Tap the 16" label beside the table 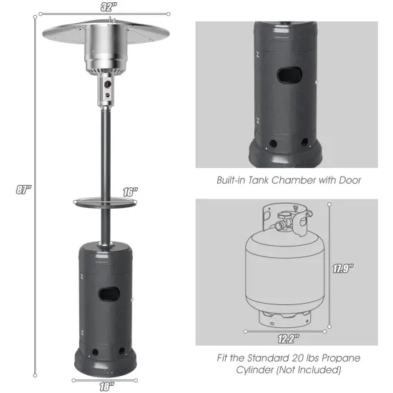point(129,191)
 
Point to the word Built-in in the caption point(233,181)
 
